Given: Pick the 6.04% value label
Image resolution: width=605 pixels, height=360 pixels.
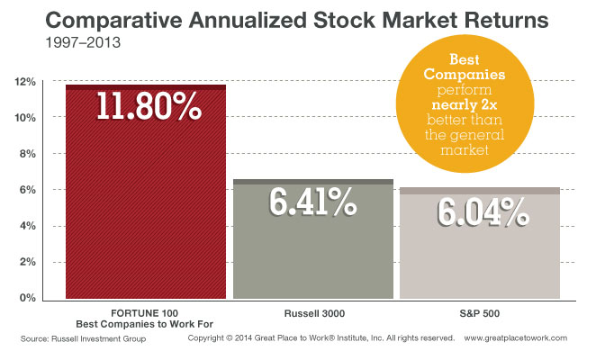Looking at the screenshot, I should click(479, 211).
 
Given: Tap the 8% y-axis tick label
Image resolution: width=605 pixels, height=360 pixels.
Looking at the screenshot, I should click(26, 154).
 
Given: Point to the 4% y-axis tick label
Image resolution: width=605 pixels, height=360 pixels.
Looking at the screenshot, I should click(26, 226).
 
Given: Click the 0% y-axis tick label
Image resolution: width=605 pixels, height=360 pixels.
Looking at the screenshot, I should click(26, 298).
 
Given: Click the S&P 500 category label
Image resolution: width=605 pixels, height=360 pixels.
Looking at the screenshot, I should click(479, 311).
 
